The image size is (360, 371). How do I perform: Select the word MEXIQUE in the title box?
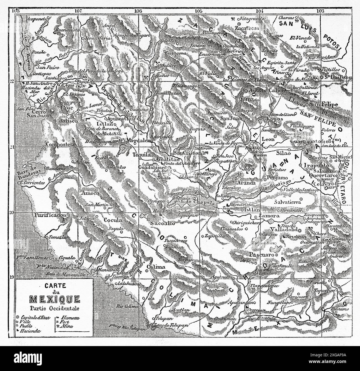pos(55,299)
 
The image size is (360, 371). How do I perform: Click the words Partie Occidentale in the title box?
pos(54,308)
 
